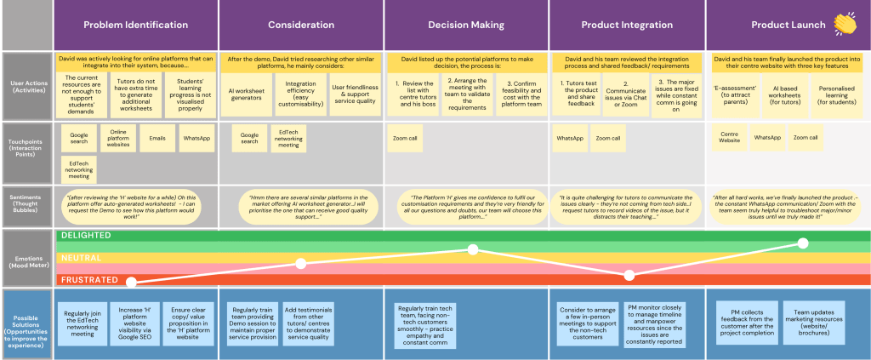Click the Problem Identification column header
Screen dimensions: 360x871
136,25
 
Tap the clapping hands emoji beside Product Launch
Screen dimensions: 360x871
845,23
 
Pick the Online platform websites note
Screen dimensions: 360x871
117,138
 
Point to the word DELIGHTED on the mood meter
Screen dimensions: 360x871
84,234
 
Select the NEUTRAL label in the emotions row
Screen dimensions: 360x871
79,257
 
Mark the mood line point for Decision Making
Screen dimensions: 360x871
473,249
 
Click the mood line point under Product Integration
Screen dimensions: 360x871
629,275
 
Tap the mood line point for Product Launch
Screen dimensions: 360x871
803,243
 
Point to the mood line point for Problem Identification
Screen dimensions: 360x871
131,282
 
